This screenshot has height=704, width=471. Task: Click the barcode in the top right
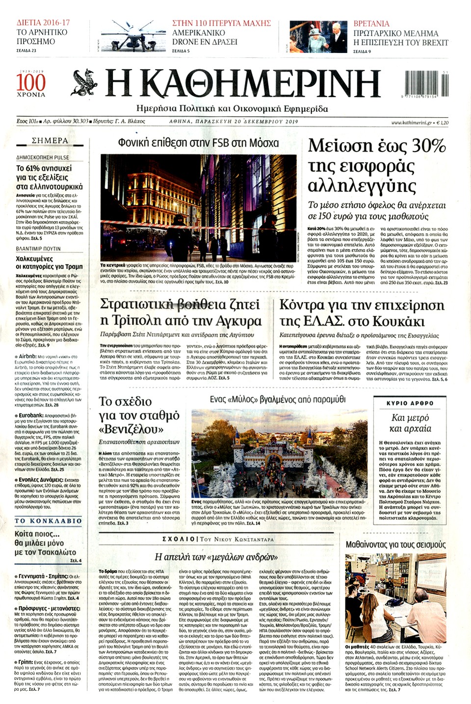click(x=425, y=84)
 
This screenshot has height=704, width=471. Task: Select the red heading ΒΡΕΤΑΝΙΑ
click(x=371, y=24)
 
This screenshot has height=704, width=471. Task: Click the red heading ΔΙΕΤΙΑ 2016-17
click(x=43, y=23)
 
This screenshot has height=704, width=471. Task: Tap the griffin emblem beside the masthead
click(x=86, y=83)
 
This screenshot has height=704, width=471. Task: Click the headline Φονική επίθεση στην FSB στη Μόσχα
click(x=198, y=143)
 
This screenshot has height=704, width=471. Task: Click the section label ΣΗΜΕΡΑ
click(x=50, y=141)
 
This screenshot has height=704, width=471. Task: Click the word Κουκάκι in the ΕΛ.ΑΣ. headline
click(x=398, y=322)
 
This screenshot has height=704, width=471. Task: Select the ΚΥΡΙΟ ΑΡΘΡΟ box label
click(x=410, y=403)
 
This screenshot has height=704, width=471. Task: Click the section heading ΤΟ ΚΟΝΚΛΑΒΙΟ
click(x=48, y=521)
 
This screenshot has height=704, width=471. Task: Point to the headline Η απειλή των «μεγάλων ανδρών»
click(x=213, y=557)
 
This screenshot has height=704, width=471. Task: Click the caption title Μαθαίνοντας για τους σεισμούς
click(x=395, y=545)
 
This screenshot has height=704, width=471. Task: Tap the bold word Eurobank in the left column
click(x=31, y=415)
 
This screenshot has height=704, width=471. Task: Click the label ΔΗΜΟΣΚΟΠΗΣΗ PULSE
click(x=43, y=157)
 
